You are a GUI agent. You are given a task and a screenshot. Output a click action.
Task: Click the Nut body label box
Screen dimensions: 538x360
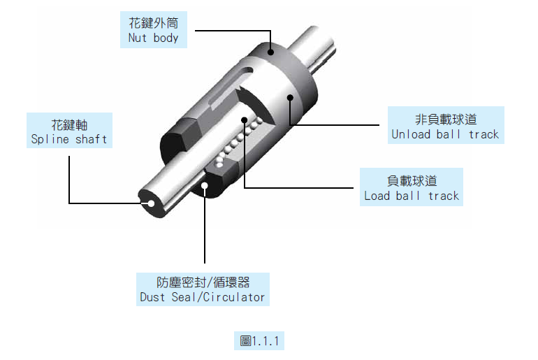(x=154, y=29)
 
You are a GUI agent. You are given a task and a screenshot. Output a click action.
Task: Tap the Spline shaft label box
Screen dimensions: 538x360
(x=69, y=131)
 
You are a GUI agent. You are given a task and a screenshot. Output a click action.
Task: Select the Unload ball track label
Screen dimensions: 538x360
(x=446, y=125)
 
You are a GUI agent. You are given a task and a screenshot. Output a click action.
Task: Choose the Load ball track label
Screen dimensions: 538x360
(x=412, y=187)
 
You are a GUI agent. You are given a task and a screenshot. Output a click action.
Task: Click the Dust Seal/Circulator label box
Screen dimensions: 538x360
(x=203, y=289)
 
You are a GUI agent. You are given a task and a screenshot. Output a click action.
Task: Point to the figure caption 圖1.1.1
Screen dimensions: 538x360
(x=259, y=341)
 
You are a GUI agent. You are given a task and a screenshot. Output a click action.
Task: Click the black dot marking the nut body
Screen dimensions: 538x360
(x=270, y=52)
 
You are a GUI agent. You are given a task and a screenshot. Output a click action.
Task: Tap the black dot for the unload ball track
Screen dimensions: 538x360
(x=290, y=98)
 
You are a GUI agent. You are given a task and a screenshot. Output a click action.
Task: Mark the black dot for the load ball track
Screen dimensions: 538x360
(x=245, y=120)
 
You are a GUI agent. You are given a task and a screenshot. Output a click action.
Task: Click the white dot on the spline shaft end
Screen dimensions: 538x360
(x=151, y=203)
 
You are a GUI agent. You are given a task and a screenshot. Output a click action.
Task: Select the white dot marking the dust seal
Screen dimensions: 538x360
(x=205, y=186)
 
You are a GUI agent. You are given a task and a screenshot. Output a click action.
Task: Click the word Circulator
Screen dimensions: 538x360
(x=234, y=297)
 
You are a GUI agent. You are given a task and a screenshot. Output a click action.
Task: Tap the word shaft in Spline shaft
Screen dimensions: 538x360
(x=92, y=139)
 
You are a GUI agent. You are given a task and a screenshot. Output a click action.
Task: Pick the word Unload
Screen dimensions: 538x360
(x=411, y=134)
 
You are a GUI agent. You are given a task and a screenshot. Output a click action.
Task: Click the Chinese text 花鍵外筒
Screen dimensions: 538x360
(x=154, y=23)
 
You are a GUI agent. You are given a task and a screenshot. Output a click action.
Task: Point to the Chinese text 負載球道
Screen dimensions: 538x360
(x=412, y=180)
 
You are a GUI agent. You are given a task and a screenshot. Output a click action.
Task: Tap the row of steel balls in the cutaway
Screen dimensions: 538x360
(x=238, y=141)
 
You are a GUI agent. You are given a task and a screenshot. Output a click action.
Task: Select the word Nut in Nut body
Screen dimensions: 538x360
(x=137, y=38)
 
